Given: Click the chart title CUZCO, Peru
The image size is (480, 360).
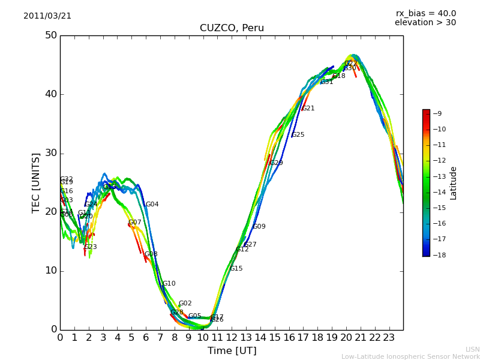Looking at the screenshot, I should click(232, 28).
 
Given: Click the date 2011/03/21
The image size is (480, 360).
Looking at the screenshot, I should click(47, 16).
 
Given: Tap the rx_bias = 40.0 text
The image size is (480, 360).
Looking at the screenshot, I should click(425, 13).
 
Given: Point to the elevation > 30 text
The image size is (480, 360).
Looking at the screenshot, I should click(425, 23).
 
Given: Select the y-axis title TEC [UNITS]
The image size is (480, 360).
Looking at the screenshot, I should click(37, 182).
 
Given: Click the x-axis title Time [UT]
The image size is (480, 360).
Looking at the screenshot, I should click(232, 351).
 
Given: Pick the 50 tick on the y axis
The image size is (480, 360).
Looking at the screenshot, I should click(50, 35).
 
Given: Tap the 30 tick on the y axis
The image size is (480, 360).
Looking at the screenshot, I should click(50, 153).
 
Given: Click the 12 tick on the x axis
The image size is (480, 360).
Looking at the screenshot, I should click(232, 338).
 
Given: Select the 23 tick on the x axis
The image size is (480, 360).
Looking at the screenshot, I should click(389, 338).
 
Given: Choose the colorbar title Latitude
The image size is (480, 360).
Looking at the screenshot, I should click(454, 183).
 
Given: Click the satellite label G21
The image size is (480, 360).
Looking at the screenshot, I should click(308, 109).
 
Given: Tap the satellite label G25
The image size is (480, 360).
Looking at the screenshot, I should click(298, 135).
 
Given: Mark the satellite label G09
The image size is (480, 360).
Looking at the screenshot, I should click(259, 227).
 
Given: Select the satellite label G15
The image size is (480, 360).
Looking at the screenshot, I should click(236, 269).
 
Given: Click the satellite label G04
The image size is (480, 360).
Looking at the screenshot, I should click(152, 205).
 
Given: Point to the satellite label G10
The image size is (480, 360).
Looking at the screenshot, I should click(169, 284).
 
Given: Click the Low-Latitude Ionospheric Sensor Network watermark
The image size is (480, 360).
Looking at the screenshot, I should click(410, 357).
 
